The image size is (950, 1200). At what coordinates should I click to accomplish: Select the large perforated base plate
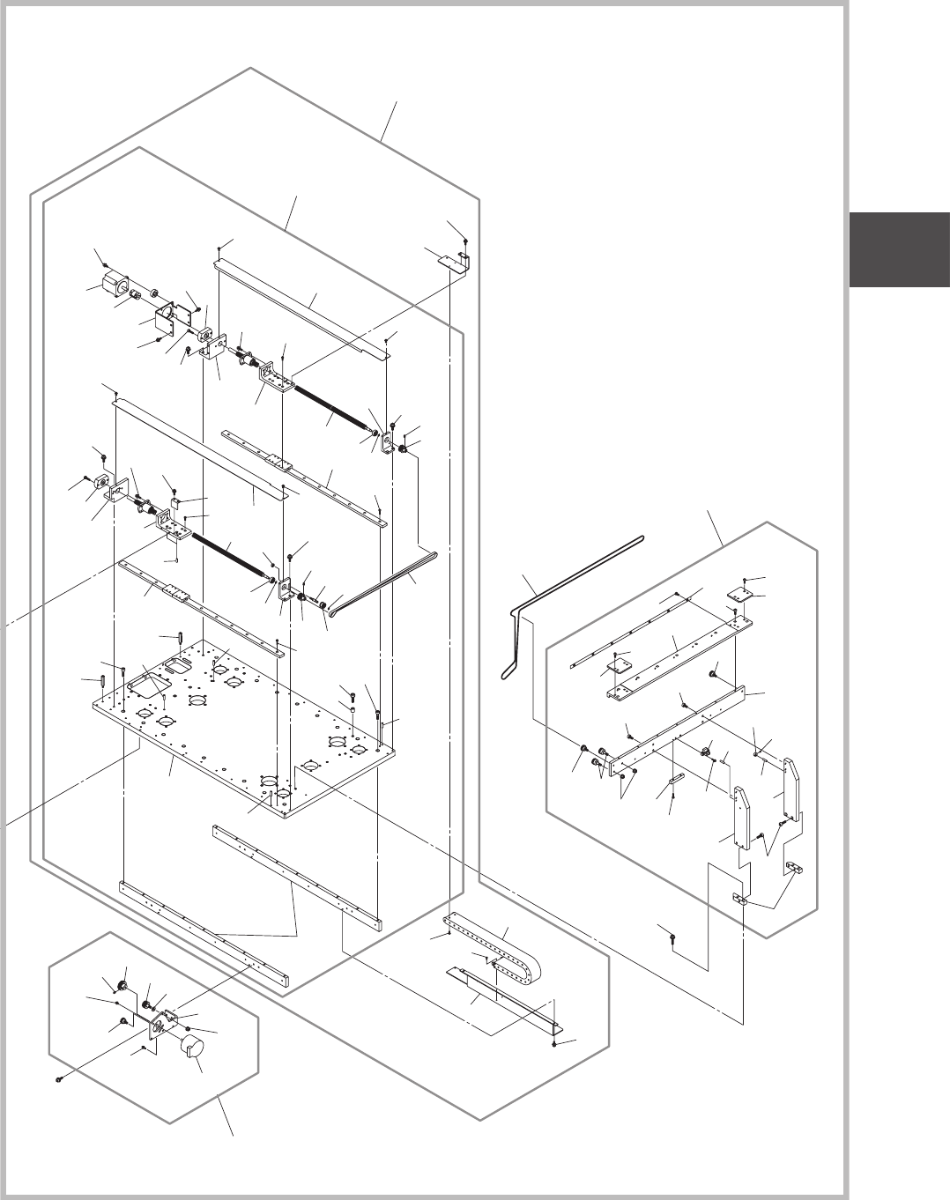pyautogui.click(x=247, y=722)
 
